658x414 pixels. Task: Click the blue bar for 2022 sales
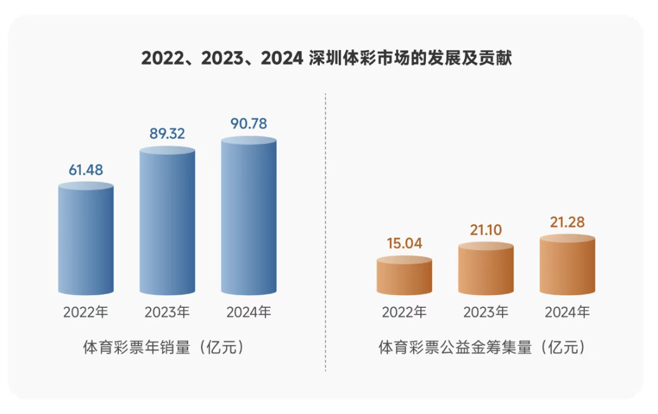point(86,239)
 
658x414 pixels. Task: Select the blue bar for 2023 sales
point(168,221)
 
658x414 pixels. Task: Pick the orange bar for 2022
point(405,276)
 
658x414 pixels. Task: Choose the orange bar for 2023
point(486,269)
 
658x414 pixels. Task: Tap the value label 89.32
point(168,134)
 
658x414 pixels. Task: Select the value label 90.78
point(249,123)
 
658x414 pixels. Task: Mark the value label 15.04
point(405,243)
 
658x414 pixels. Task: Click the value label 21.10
point(486,229)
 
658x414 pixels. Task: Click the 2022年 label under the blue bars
point(86,313)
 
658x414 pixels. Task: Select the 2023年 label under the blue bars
point(168,313)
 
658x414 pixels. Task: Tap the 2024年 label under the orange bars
point(567,313)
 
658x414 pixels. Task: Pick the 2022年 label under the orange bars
point(405,313)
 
